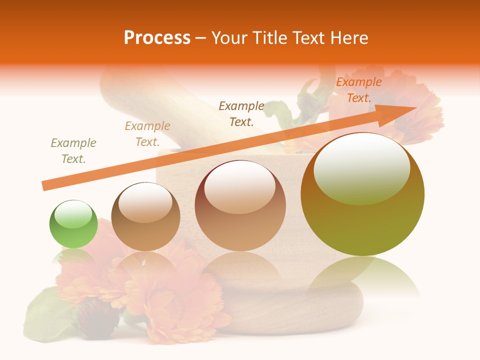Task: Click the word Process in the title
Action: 157,37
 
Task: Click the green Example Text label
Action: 73,151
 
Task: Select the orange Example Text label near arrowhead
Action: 358,90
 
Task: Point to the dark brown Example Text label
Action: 241,113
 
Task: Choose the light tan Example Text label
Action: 147,134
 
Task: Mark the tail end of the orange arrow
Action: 45,185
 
